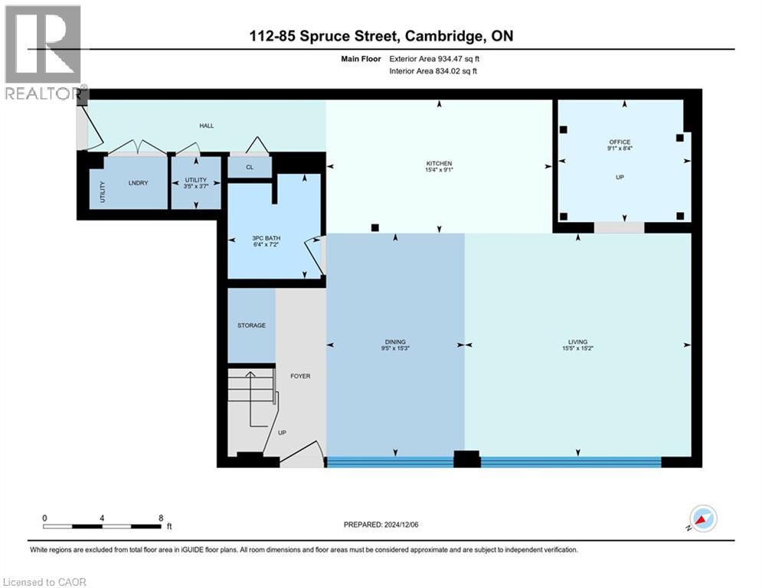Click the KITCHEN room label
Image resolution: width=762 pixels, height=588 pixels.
pos(440,163)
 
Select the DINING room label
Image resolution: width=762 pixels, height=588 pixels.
pos(395,342)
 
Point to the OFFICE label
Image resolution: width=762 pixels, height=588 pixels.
pos(620,142)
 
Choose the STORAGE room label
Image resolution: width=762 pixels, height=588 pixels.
pos(251,325)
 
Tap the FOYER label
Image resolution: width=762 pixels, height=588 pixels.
pos(300,376)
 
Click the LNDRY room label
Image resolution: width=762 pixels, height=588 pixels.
pos(138,182)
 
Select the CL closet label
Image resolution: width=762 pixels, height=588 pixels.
pos(249,168)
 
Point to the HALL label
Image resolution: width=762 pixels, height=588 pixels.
pos(207,125)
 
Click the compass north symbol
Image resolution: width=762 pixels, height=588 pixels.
pos(702,519)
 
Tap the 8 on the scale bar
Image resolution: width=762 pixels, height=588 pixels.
pos(160,518)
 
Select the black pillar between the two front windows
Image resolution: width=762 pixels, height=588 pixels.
pos(466,459)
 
